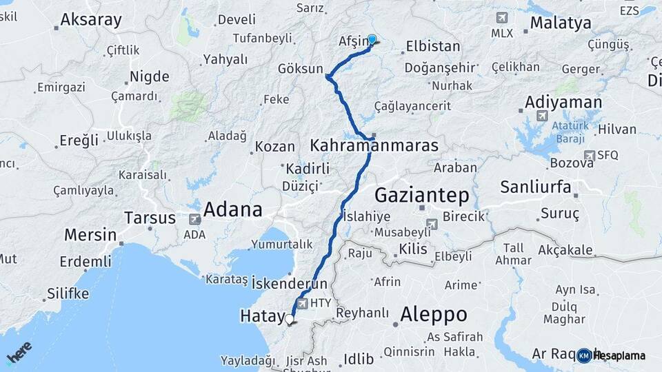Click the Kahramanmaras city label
(374, 145)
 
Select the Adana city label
(232, 209)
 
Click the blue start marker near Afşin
(372, 40)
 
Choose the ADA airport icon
(195, 219)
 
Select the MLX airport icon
(501, 17)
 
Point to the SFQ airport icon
(589, 156)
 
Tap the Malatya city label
(561, 23)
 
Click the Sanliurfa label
(535, 187)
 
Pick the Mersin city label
(90, 234)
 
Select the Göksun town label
(300, 69)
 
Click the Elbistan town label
(433, 46)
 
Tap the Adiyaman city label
(563, 102)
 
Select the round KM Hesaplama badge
(583, 355)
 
